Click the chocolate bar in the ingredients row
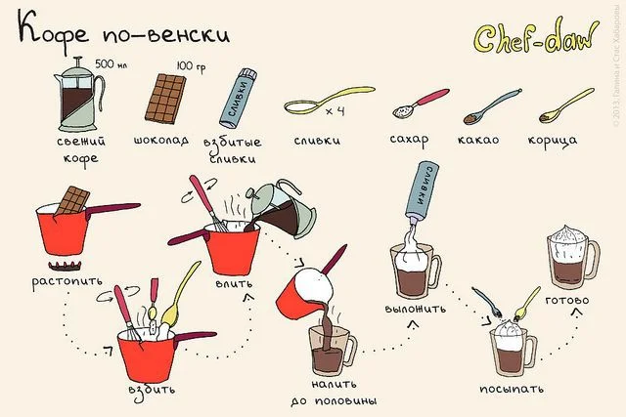pos(165,98)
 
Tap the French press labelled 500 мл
pos(79,95)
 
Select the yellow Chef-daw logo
pos(536,36)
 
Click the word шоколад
pos(160,140)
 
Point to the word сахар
pos(409,140)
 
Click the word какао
pos(478,140)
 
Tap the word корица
pos(553,141)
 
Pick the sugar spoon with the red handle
pos(421,104)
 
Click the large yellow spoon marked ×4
pos(330,101)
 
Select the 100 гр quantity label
pos(192,66)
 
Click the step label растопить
pos(67,282)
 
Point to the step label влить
pos(234,283)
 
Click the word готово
pos(567,300)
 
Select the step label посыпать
pos(512,389)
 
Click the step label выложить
pos(415,309)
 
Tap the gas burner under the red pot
pos(65,266)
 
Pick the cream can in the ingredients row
pos(238,98)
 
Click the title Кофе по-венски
pos(124,32)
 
